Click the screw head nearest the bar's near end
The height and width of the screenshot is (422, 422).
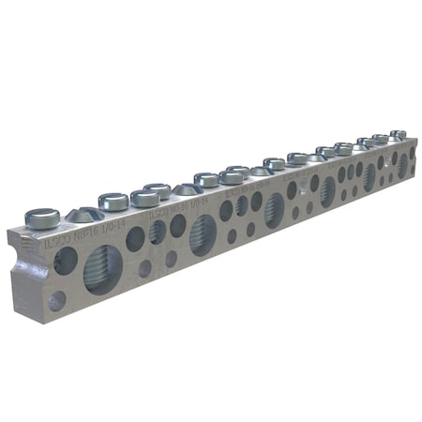[42, 218]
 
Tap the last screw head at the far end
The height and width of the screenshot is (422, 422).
[398, 135]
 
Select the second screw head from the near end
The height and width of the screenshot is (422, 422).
[113, 200]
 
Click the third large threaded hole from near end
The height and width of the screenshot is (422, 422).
[275, 209]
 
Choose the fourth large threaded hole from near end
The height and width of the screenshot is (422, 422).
[327, 191]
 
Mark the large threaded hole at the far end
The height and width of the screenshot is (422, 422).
[402, 166]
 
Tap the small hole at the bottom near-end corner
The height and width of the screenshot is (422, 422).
[57, 300]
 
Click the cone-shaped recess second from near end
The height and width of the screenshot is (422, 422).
[187, 188]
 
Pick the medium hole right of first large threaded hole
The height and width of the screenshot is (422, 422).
[136, 239]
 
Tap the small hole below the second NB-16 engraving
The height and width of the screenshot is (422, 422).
[171, 258]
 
